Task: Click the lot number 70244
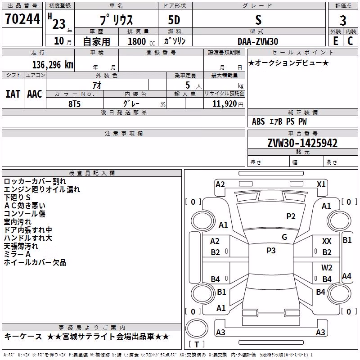click(x=22, y=18)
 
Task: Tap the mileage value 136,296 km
click(x=53, y=65)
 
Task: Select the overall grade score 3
click(x=343, y=20)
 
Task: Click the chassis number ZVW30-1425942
click(x=302, y=143)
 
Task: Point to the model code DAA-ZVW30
click(x=258, y=41)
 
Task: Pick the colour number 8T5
click(x=74, y=104)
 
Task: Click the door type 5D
click(x=174, y=20)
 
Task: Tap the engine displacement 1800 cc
click(x=141, y=42)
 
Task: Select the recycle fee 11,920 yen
click(x=228, y=104)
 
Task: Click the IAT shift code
click(x=13, y=94)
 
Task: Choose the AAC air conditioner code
click(x=35, y=94)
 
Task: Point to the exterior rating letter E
click(x=336, y=41)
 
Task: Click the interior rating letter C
click(x=350, y=41)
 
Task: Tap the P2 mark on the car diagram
click(x=291, y=216)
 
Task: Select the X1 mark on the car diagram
click(x=321, y=184)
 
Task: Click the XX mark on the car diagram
click(x=327, y=241)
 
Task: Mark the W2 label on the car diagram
click(x=327, y=267)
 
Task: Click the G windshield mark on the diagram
click(x=284, y=237)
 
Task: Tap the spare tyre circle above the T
click(x=197, y=328)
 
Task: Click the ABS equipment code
click(x=258, y=121)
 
